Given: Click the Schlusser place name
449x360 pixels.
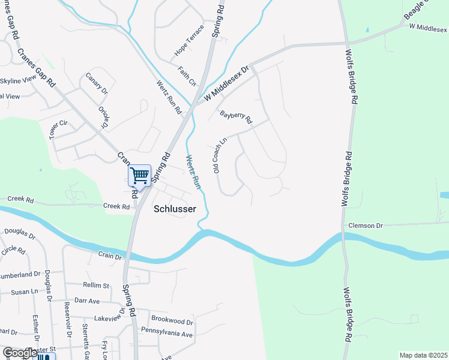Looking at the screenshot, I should coord(175,209).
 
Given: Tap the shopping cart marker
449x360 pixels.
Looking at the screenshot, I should coord(139,176).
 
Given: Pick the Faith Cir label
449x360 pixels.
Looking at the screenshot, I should coord(187,76).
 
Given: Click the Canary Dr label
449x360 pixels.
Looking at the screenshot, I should coord(96,83).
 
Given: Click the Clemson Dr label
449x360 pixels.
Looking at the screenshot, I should coord(365,226).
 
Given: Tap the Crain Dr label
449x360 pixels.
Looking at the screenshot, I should coord(110,256).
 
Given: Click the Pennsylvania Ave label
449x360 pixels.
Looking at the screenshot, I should coord(166,331).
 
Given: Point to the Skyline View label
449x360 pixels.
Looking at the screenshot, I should coord(18,81).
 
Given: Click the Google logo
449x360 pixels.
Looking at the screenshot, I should coord(20,353).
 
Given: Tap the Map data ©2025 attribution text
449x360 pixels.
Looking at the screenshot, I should coord(423,355).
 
